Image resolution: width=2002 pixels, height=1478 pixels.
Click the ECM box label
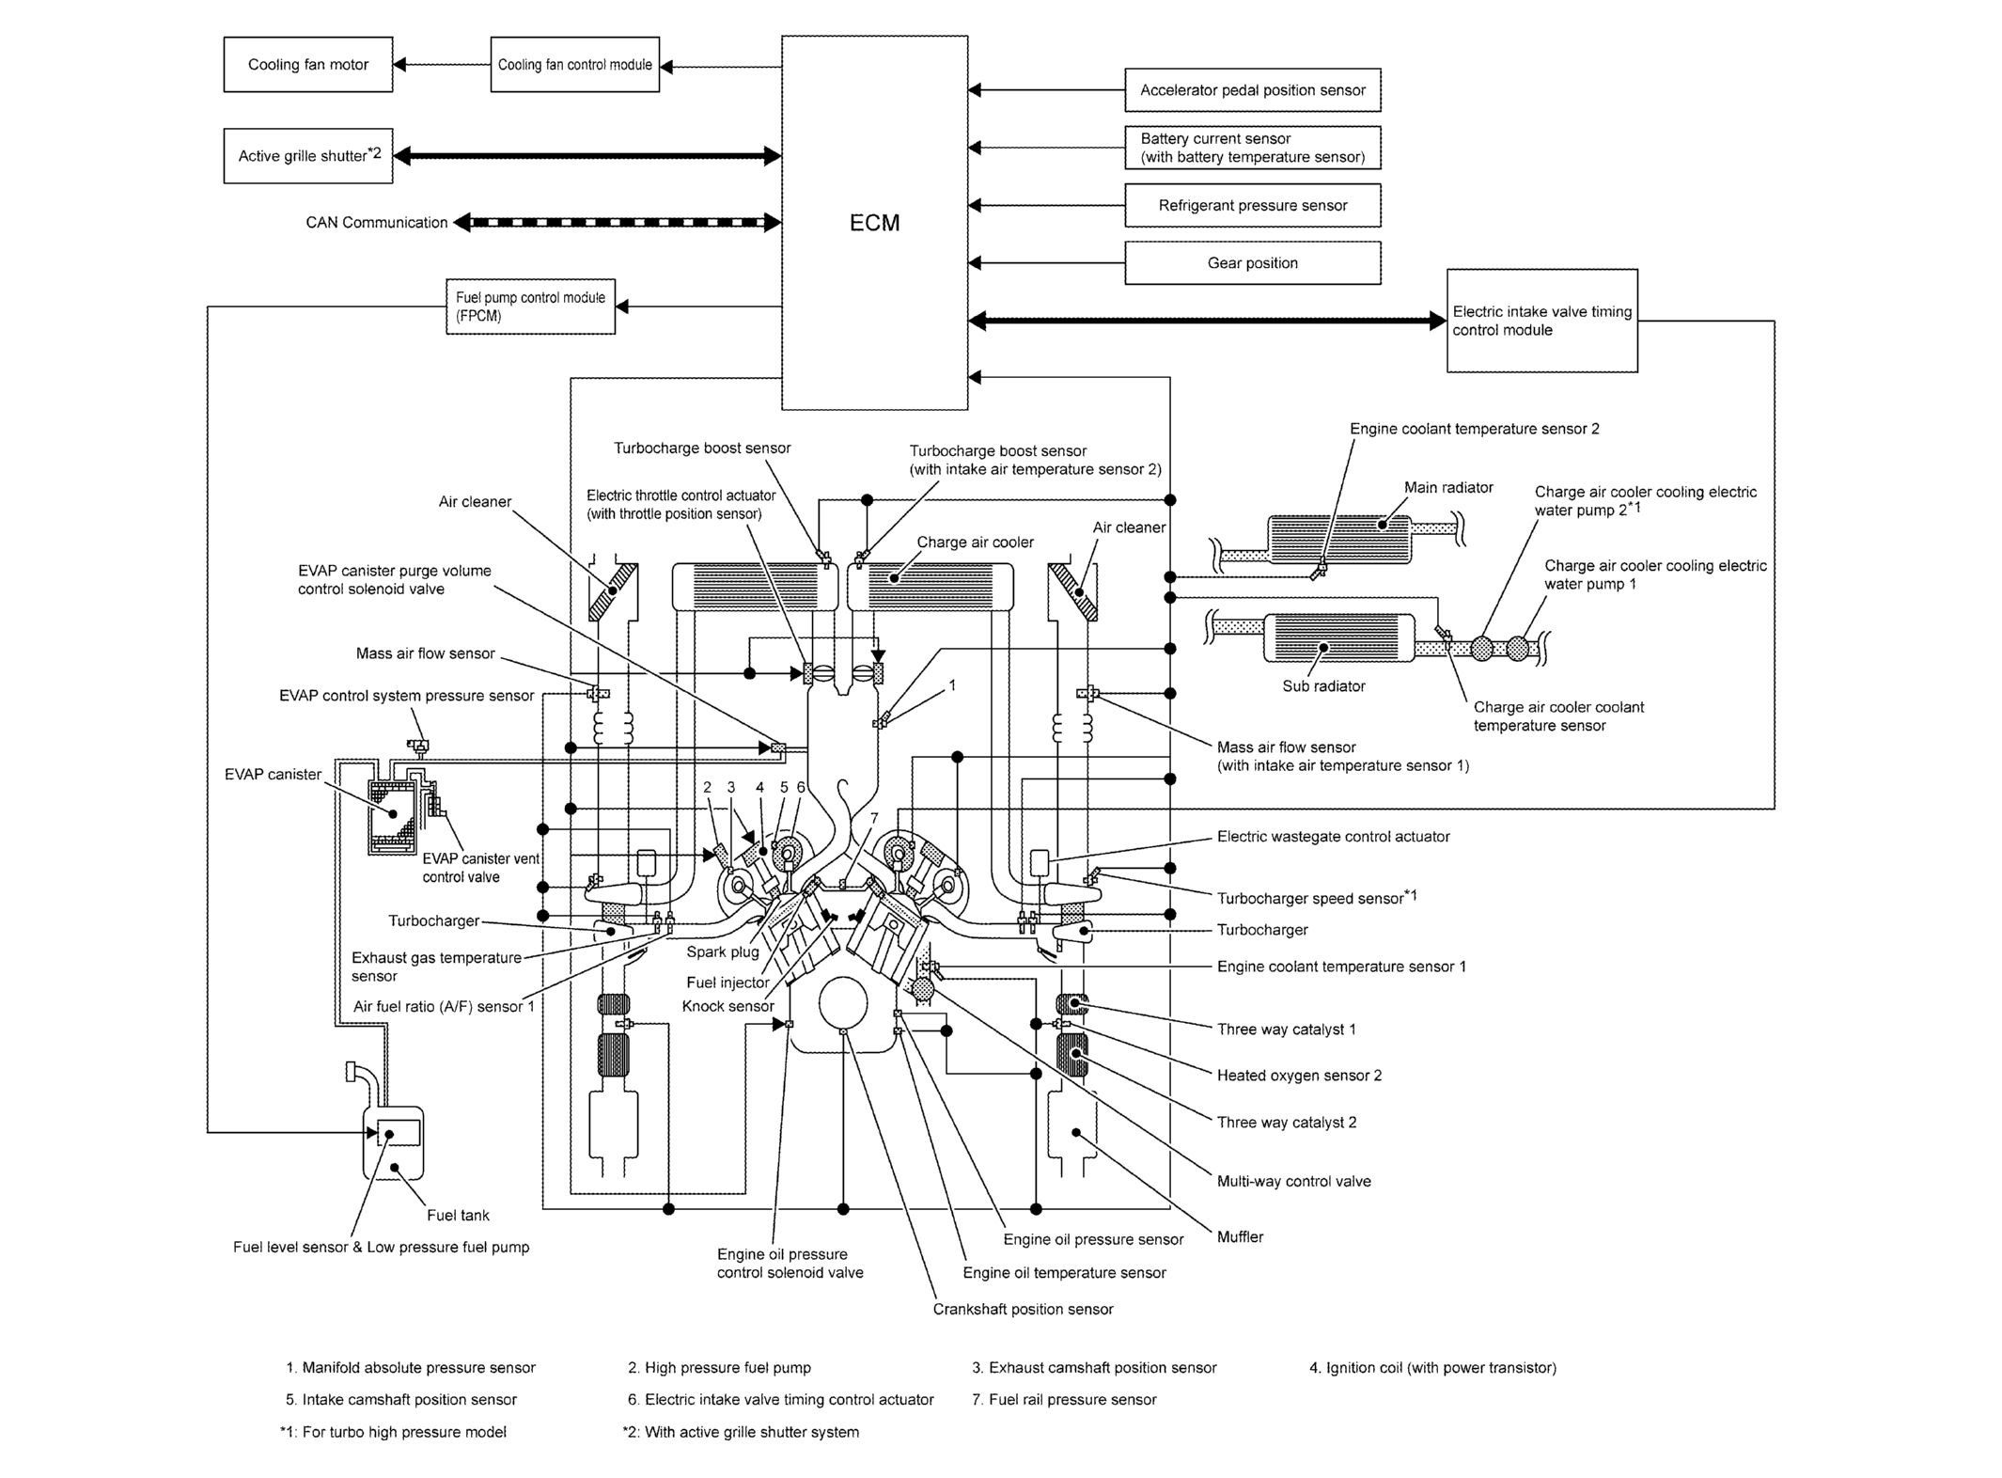pyautogui.click(x=874, y=223)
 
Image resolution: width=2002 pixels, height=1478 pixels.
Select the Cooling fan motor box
pyautogui.click(x=308, y=65)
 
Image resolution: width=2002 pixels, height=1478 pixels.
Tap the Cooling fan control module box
pyautogui.click(x=575, y=65)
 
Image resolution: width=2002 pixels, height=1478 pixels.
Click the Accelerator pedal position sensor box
pyautogui.click(x=1253, y=90)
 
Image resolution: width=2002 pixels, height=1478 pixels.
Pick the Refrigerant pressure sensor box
pyautogui.click(x=1253, y=205)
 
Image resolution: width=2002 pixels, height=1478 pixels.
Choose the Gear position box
pyautogui.click(x=1253, y=263)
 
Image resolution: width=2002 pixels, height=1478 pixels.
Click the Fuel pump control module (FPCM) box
pyautogui.click(x=531, y=307)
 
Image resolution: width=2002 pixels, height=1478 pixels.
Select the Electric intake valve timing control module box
pyautogui.click(x=1542, y=321)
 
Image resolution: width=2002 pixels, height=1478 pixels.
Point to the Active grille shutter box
pyautogui.click(x=308, y=156)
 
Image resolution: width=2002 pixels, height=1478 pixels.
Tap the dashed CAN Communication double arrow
pyautogui.click(x=618, y=223)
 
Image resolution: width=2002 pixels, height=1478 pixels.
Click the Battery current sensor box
pyautogui.click(x=1253, y=148)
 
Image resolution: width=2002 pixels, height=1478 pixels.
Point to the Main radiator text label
pyautogui.click(x=1448, y=487)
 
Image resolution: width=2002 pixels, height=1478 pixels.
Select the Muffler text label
pyautogui.click(x=1240, y=1237)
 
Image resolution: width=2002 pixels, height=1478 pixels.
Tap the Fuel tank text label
pyautogui.click(x=458, y=1216)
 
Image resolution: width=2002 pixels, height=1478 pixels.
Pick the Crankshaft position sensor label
pyautogui.click(x=1023, y=1309)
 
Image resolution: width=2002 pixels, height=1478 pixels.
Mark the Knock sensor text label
pyautogui.click(x=728, y=1006)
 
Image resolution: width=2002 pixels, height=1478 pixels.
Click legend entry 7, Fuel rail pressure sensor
pyautogui.click(x=1064, y=1399)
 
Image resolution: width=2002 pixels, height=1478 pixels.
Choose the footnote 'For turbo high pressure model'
pyautogui.click(x=393, y=1432)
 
